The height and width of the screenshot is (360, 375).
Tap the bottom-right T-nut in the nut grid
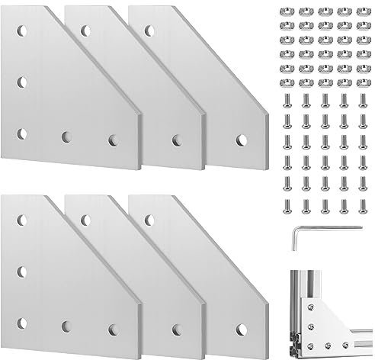pos(360,82)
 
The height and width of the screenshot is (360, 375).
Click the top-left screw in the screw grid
pos(288,100)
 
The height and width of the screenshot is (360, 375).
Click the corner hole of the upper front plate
pos(21,133)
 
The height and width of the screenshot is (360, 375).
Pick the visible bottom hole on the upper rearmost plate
pos(242,140)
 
